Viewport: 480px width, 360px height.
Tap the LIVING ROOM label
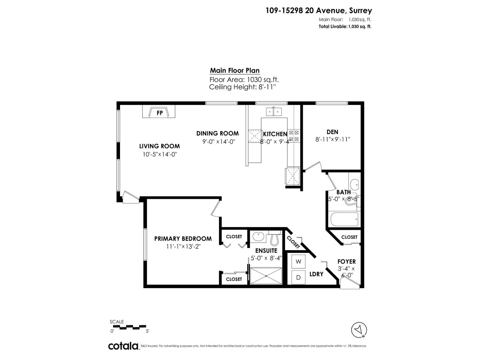point(159,146)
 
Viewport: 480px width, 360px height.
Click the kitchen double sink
point(274,112)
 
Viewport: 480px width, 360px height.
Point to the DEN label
point(332,132)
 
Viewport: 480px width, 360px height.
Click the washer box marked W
point(298,262)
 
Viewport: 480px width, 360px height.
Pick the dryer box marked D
point(298,277)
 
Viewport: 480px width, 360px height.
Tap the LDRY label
point(316,274)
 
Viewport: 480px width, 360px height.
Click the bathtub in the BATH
point(344,220)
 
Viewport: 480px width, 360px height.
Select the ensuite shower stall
point(266,276)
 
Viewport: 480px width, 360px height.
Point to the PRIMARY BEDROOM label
point(183,239)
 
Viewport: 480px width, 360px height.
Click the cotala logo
point(123,346)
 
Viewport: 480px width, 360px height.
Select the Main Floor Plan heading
point(235,70)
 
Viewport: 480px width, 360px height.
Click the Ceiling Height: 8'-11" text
point(242,87)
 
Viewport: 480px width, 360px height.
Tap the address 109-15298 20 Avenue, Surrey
point(319,11)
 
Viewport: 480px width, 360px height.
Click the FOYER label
point(346,262)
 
